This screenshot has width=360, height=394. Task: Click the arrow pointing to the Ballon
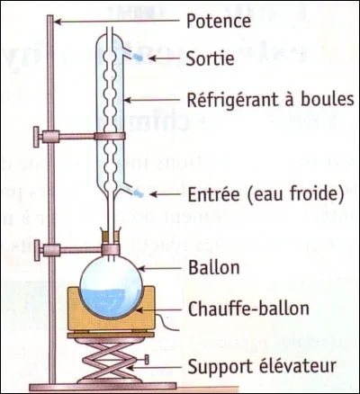[162, 268]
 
